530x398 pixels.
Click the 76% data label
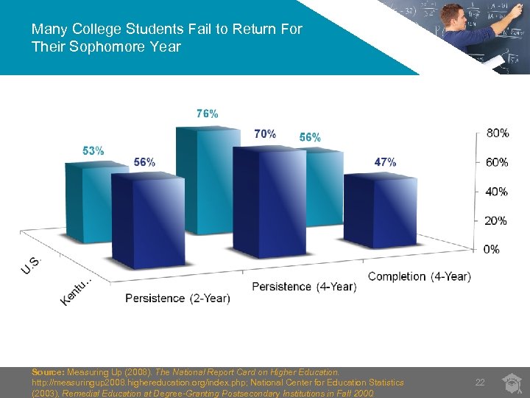click(x=207, y=114)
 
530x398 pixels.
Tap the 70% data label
click(x=265, y=134)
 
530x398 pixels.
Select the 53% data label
click(x=93, y=150)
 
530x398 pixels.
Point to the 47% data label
click(x=385, y=162)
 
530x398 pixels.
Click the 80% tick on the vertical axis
click(x=497, y=133)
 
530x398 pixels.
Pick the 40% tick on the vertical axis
click(x=497, y=192)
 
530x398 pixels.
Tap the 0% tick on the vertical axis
click(x=492, y=249)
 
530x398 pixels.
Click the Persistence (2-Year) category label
click(x=177, y=298)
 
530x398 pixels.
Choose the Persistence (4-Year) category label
click(x=304, y=287)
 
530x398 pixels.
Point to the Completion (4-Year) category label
click(x=419, y=276)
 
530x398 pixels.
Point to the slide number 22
click(x=480, y=382)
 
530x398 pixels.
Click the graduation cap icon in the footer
click(x=512, y=381)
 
